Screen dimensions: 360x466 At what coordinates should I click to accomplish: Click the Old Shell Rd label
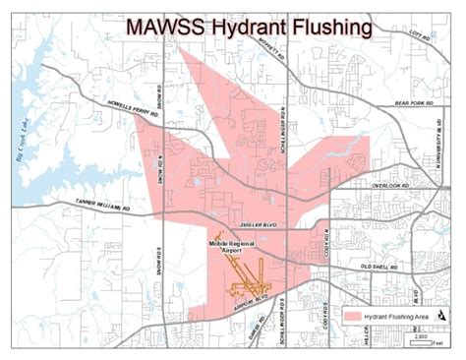pyautogui.click(x=379, y=267)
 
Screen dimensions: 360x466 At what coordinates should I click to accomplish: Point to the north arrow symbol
pyautogui.click(x=442, y=314)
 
